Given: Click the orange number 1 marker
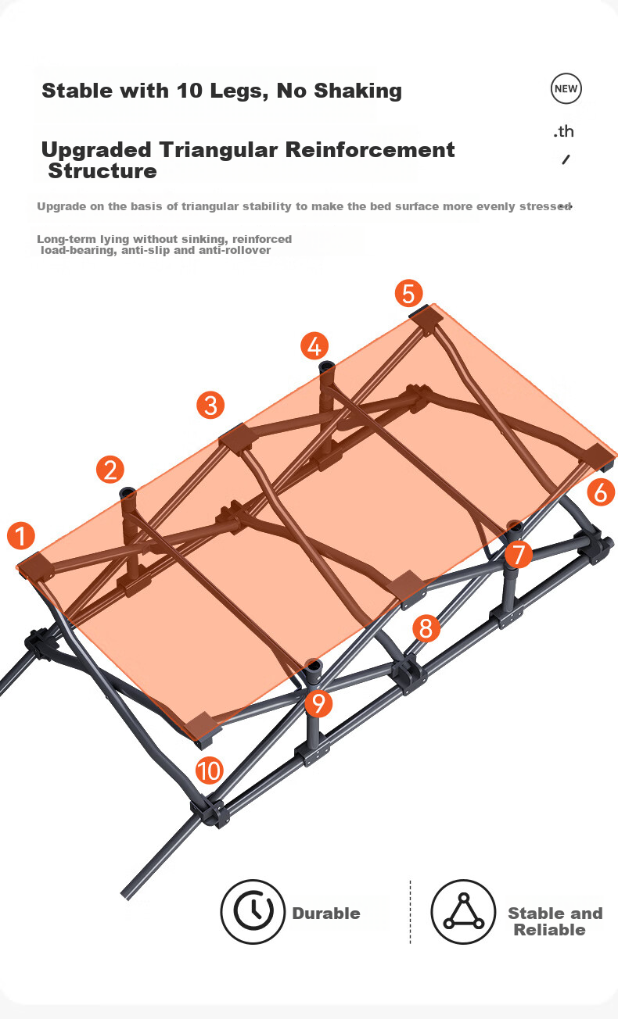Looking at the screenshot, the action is tap(21, 535).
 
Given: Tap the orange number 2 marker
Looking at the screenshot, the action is tap(110, 470).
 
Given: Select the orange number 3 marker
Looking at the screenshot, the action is tap(210, 405).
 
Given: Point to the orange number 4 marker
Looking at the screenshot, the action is tap(314, 346).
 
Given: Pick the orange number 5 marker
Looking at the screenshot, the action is tap(408, 293).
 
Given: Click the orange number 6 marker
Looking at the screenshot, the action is tap(601, 492).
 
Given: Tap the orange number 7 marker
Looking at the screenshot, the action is tap(519, 554).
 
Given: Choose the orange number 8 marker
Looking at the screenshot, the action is tap(426, 628).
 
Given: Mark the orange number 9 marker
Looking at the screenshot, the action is tap(318, 703).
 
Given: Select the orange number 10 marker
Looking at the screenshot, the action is tap(210, 771).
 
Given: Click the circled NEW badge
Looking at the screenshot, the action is tap(566, 89).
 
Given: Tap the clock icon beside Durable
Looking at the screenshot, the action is tap(253, 912).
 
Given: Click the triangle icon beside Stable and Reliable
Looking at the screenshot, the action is tap(463, 912).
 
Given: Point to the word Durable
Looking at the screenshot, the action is tap(326, 914).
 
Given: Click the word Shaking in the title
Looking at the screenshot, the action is tap(358, 91).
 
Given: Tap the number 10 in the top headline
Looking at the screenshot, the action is tap(189, 91).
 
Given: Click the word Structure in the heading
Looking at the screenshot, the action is tap(102, 171).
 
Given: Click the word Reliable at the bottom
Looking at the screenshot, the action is tap(549, 930).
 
